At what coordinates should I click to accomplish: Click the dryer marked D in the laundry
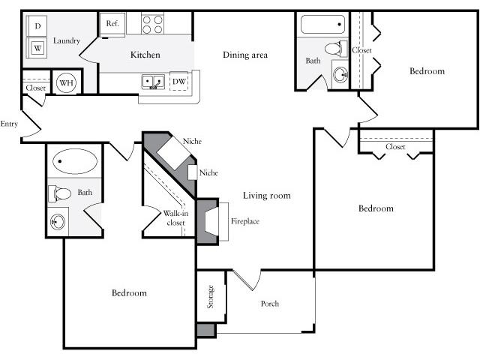coord(37,26)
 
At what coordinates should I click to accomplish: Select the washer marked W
coord(37,48)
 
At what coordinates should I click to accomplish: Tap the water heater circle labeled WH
coord(67,82)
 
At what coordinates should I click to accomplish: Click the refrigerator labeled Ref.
coord(112,25)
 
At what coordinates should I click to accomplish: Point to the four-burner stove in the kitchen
coord(152,24)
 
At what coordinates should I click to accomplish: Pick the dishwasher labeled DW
coord(178,82)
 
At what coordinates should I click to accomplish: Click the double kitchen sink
coord(153,82)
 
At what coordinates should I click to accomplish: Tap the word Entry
coord(9,124)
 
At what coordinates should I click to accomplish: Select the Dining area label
coord(245,55)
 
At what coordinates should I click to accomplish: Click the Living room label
coord(267,195)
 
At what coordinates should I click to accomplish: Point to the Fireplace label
coord(245,221)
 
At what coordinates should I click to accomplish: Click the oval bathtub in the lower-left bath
coord(75,161)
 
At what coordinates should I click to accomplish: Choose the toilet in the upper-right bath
coord(336,49)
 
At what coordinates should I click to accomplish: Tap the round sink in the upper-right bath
coord(340,74)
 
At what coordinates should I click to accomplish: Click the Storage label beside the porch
coord(210,296)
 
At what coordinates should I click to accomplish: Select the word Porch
coord(270,303)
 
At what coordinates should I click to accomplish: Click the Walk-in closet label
coord(175,217)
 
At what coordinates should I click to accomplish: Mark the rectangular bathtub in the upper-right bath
coord(322,24)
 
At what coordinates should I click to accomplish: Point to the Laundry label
coord(67,40)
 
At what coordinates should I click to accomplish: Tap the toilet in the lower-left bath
coord(60,193)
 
